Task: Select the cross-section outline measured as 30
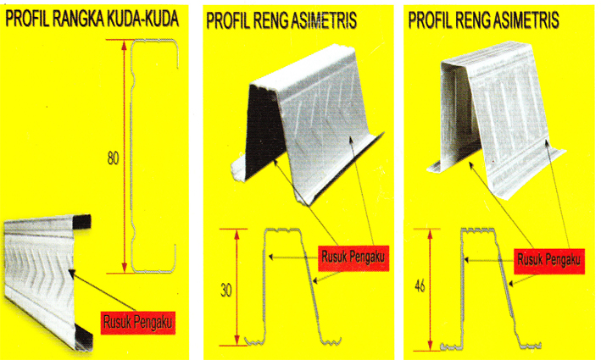tap(292, 288)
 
